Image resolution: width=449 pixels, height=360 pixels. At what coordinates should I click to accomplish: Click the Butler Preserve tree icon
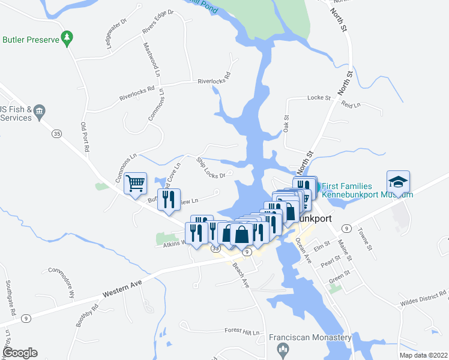click(x=68, y=38)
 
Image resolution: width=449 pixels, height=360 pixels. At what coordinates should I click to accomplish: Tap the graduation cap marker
click(x=398, y=181)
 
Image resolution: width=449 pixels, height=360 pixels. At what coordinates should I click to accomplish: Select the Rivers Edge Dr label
click(x=157, y=22)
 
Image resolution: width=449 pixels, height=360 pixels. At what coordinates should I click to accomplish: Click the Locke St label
click(x=319, y=97)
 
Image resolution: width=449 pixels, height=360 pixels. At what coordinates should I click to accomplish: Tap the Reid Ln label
click(x=351, y=104)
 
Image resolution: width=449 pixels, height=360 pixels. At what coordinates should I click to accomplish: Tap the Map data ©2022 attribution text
click(x=423, y=355)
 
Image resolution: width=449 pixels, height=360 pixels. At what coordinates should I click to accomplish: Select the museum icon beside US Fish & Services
click(x=40, y=110)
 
